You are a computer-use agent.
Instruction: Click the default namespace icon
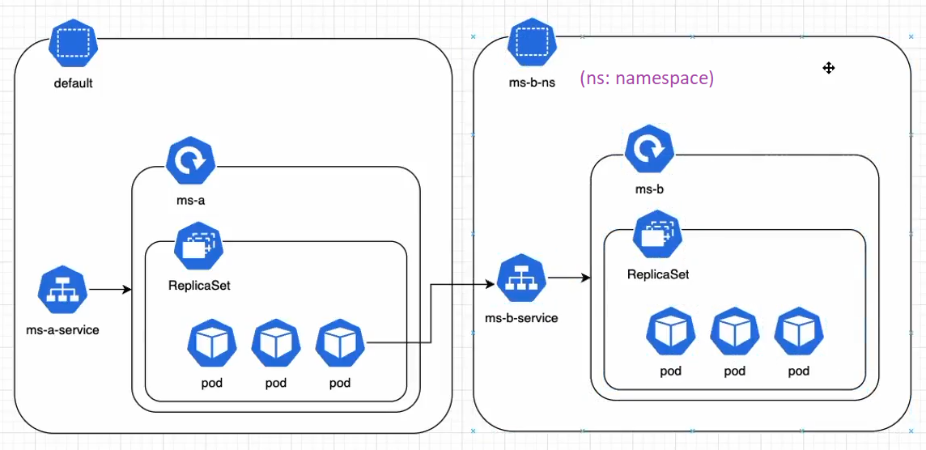pos(74,46)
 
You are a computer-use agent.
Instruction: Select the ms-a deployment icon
pos(190,162)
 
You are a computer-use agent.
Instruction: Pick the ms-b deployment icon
pos(650,150)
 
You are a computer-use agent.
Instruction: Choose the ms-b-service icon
pos(522,279)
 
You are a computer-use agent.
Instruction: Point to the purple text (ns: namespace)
pos(647,79)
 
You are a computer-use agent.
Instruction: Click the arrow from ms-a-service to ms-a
pos(111,288)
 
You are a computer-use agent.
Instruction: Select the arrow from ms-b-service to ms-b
pos(570,278)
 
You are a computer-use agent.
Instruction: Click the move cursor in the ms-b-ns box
pos(828,68)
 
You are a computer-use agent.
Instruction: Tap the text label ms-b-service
pos(521,318)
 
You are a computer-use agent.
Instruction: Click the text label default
pos(74,83)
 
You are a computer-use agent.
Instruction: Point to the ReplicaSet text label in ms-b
pos(658,274)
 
